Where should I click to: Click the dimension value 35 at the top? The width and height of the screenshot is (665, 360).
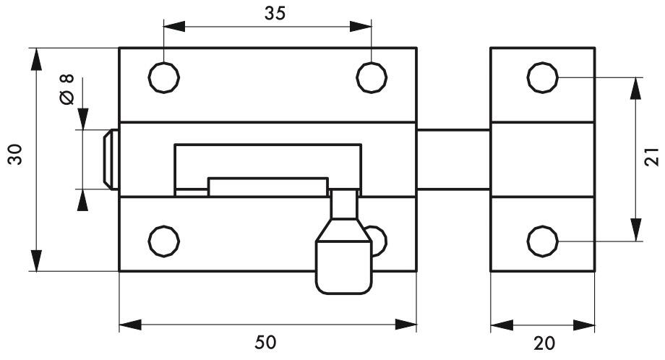275,14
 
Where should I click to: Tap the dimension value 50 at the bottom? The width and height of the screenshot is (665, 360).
265,342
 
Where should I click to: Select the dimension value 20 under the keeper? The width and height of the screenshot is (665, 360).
544,343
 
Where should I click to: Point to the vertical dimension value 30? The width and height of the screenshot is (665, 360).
15,154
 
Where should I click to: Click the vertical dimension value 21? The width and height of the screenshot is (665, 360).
651,156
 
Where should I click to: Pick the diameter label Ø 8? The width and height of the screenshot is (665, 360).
66,89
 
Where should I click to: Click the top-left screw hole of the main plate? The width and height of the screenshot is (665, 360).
163,77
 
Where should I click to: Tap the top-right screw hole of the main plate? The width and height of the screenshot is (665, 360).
372,77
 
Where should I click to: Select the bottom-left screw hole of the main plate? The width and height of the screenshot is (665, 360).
163,241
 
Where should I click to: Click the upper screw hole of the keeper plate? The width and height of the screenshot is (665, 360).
543,77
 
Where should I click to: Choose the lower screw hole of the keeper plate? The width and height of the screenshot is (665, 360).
543,241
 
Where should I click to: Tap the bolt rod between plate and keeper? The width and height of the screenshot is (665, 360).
453,160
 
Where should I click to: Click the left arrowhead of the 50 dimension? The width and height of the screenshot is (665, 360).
130,325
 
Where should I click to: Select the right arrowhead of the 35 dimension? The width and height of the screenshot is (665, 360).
361,26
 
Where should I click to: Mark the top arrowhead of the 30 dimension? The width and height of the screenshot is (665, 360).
36,59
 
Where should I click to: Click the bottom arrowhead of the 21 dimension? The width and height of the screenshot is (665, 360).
635,230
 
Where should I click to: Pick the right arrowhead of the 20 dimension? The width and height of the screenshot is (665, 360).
584,325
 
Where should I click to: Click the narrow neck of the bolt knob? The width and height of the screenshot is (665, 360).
344,204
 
